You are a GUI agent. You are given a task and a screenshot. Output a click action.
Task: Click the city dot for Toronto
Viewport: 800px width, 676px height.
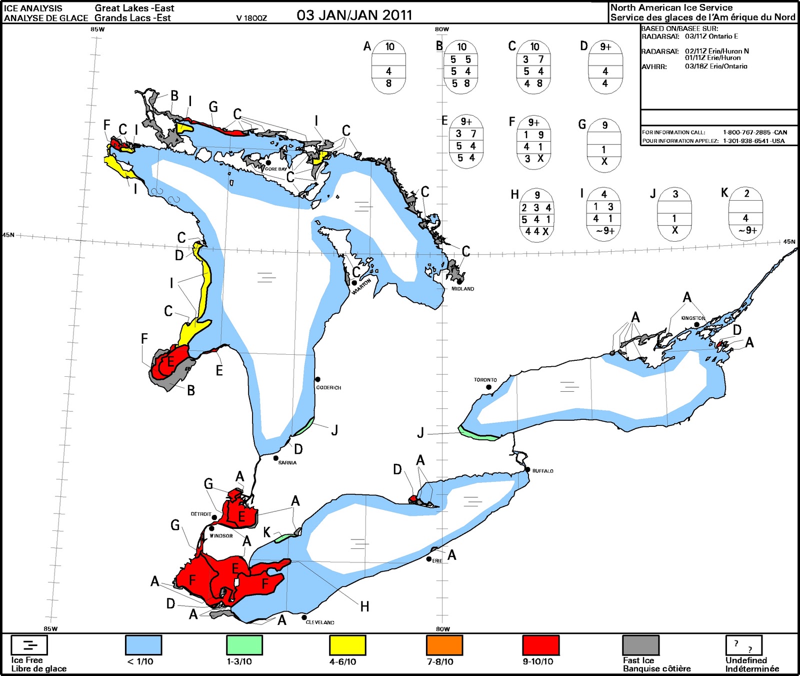(x=488, y=387)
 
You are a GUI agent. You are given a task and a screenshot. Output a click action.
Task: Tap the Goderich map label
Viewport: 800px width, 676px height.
(x=328, y=388)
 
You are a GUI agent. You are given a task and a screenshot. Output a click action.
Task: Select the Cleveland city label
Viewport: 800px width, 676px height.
(x=320, y=622)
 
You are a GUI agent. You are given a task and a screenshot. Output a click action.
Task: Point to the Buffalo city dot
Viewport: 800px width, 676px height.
(x=528, y=469)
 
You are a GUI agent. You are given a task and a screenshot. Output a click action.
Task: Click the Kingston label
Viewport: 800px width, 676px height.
(x=693, y=318)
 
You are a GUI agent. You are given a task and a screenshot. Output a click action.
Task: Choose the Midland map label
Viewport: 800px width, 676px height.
(x=462, y=289)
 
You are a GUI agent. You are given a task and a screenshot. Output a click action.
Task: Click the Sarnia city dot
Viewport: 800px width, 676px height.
(x=276, y=458)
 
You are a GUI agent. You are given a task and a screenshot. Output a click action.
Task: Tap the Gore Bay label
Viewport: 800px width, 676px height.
(x=275, y=169)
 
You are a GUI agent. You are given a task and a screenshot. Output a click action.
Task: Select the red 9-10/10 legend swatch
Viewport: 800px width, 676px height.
(x=540, y=645)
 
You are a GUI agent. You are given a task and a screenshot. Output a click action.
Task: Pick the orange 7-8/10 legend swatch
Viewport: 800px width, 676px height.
(x=444, y=645)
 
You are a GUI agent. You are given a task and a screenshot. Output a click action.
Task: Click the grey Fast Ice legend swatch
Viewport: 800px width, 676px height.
(x=640, y=645)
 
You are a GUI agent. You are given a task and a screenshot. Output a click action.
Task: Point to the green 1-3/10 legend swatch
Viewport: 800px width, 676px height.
(x=244, y=645)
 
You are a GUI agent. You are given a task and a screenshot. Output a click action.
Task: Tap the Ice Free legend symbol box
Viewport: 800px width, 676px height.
(x=29, y=645)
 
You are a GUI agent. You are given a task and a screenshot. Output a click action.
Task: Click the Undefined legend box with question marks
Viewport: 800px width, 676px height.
(x=743, y=645)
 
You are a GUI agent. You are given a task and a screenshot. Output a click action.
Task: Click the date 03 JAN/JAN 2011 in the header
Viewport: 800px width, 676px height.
(x=354, y=15)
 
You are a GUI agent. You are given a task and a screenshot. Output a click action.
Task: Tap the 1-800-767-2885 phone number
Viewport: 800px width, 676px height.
(x=755, y=133)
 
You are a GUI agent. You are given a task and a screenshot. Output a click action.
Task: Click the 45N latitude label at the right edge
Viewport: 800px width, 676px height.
(x=789, y=242)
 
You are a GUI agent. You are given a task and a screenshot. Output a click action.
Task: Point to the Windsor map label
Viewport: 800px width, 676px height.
(x=221, y=536)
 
